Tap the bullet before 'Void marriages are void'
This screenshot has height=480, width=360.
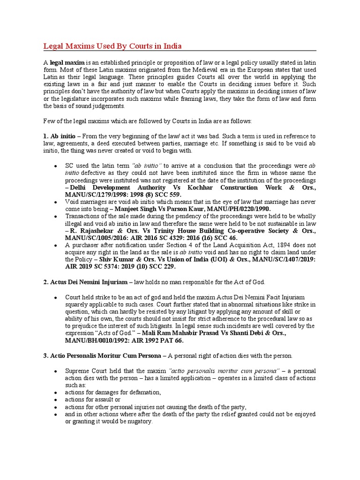pyautogui.click(x=56, y=202)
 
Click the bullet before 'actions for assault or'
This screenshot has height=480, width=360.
pyautogui.click(x=56, y=399)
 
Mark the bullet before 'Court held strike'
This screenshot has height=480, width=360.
pyautogui.click(x=56, y=298)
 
